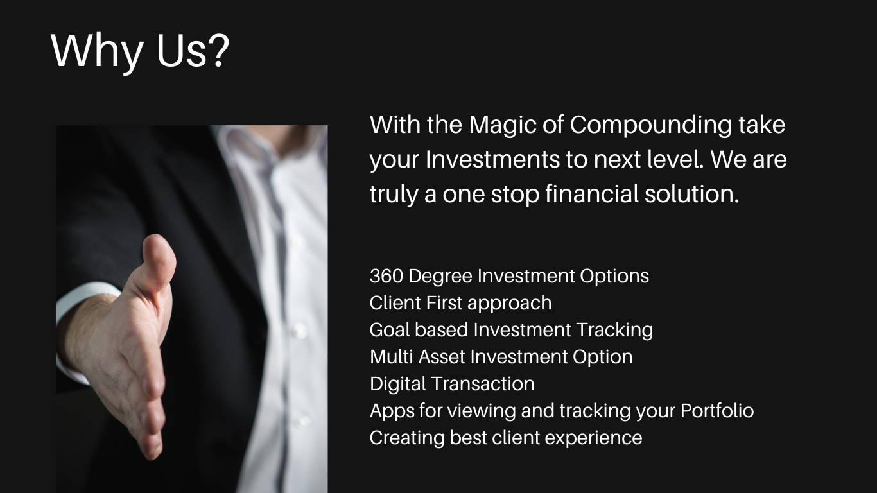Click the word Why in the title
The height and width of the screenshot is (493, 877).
(96, 53)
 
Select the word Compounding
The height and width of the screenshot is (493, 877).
(650, 125)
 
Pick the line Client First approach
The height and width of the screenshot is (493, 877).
(460, 304)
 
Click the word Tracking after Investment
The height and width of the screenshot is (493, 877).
(614, 331)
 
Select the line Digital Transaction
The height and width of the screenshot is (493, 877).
(452, 384)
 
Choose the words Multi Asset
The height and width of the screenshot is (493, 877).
(417, 357)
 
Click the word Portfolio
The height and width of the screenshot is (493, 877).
(717, 411)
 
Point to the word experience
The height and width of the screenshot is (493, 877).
(593, 438)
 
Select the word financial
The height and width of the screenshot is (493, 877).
(592, 194)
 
